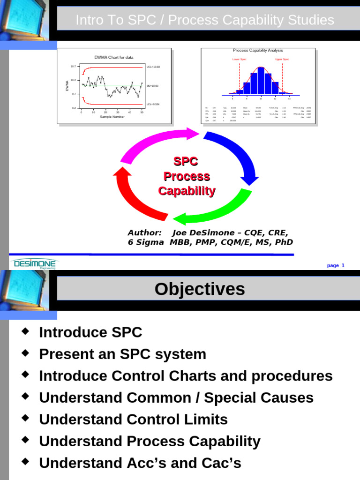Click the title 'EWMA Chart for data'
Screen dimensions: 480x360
(114, 58)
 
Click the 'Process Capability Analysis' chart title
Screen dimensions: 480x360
(258, 50)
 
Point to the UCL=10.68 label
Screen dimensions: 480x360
(153, 67)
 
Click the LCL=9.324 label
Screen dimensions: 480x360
(153, 104)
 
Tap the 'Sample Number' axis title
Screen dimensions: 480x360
(112, 117)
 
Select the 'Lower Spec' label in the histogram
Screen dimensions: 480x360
(239, 60)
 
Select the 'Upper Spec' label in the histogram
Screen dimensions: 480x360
(282, 60)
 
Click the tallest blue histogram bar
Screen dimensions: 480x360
(261, 82)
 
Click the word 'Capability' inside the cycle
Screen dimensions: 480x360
(187, 191)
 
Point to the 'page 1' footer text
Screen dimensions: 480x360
(336, 266)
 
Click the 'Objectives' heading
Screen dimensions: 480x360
(200, 289)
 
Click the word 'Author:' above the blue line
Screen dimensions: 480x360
(144, 233)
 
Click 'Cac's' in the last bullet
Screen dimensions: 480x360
(220, 463)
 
